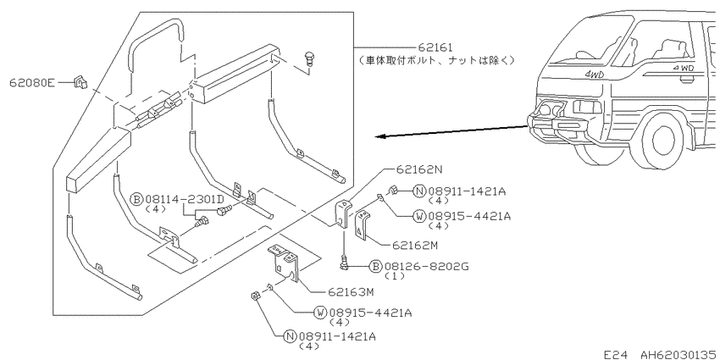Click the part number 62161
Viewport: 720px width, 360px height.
point(435,47)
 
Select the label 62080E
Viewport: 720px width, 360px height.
point(32,83)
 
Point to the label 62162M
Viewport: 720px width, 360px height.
point(415,246)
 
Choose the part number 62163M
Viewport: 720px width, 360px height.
point(352,291)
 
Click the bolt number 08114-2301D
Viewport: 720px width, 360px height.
point(185,199)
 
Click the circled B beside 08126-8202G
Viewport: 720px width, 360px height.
point(375,266)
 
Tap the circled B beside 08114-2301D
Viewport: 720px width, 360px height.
point(137,199)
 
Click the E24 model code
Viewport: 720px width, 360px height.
point(614,354)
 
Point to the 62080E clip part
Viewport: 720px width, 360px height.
point(80,83)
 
